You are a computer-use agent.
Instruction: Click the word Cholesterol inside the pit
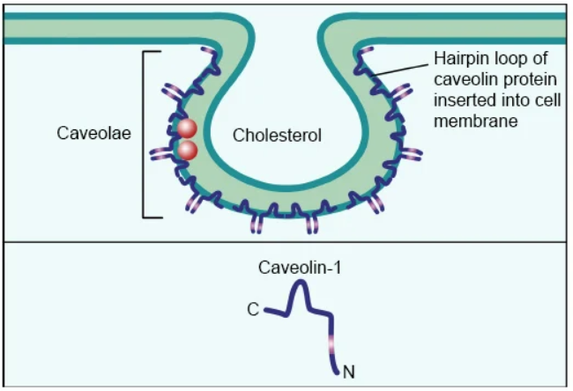277,136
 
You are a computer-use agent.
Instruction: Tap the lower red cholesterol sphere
187,150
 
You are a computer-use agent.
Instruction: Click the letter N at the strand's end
348,371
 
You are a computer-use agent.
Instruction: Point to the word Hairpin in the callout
458,60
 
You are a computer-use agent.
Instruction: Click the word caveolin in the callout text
462,80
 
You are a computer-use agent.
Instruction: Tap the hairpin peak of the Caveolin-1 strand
301,284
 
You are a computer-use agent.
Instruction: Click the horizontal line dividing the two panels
286,241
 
